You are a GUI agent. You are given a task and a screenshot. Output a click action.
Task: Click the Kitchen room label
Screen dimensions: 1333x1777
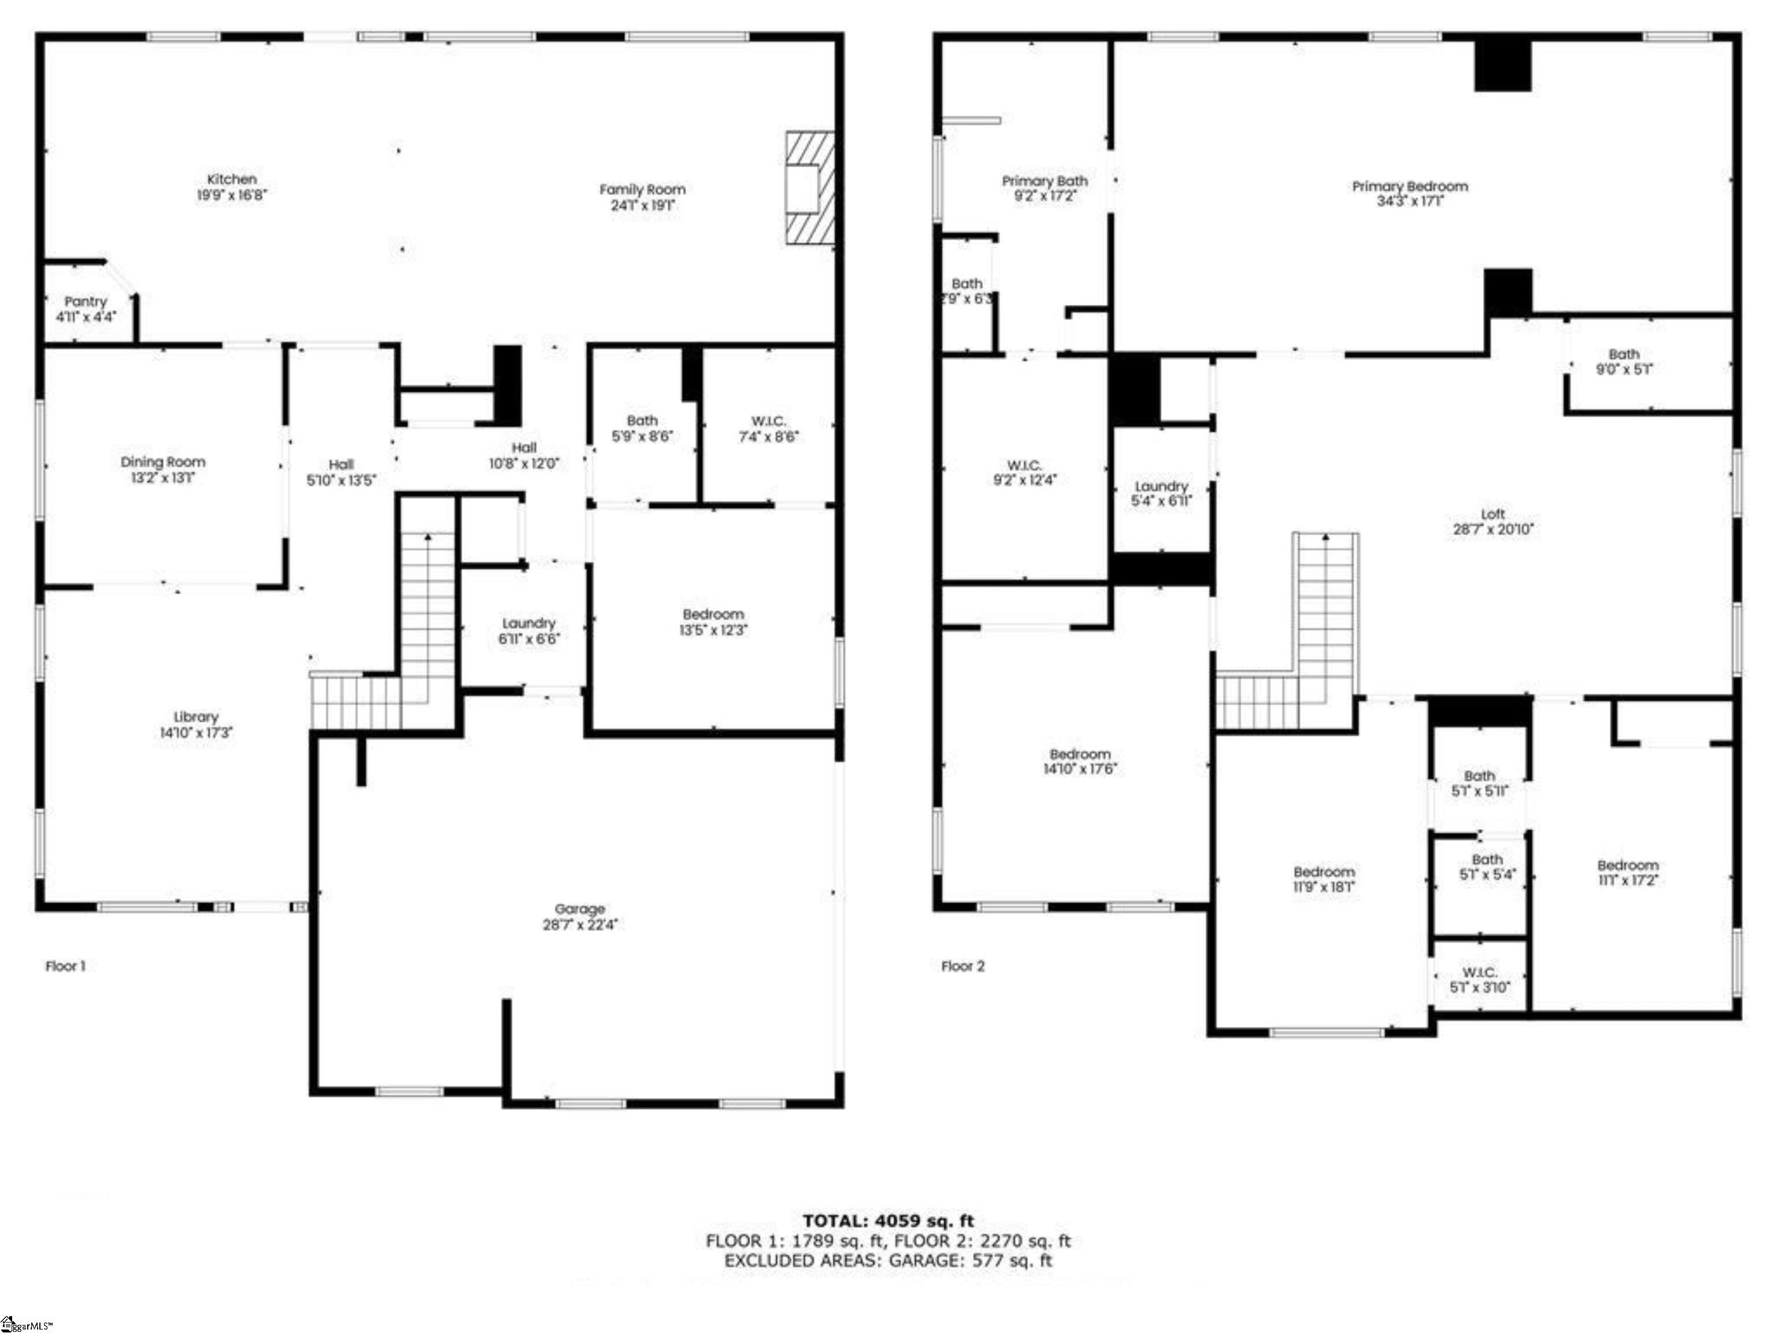(231, 179)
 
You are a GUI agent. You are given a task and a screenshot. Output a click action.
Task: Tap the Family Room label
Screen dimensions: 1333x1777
(642, 190)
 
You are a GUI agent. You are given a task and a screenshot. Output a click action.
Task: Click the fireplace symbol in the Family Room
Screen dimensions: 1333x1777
(809, 188)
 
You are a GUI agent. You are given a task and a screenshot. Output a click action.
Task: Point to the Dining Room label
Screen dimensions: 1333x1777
(163, 462)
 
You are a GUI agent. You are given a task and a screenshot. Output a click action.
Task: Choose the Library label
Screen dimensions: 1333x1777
(196, 717)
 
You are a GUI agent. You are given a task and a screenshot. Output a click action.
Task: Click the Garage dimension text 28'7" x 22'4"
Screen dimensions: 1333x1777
(579, 925)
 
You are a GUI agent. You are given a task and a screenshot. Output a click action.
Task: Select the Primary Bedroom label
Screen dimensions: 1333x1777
(1409, 186)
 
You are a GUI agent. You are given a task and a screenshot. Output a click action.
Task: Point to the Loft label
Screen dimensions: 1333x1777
(1492, 513)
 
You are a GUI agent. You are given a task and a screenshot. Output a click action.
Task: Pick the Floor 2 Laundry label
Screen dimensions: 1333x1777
(1161, 486)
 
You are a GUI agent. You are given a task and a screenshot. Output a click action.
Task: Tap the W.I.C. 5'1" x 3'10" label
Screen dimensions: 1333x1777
(1479, 980)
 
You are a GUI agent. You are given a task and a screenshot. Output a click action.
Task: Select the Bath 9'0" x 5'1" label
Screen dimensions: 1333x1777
(1624, 362)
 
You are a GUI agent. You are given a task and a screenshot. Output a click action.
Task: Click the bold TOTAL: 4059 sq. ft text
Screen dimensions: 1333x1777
(888, 1222)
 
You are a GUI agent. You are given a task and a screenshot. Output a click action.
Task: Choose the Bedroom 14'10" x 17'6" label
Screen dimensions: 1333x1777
(1080, 761)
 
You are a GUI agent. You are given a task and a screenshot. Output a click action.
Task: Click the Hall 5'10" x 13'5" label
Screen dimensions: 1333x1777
(341, 473)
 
